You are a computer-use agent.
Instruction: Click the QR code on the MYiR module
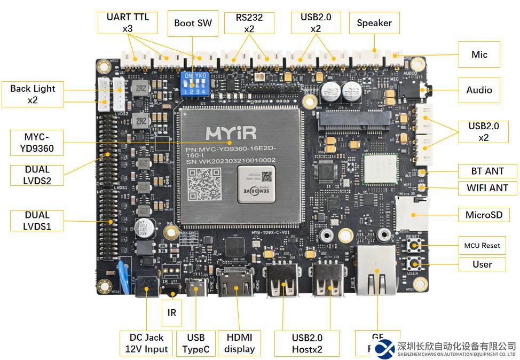coord(205,184)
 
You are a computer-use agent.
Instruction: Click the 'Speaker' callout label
coord(374,23)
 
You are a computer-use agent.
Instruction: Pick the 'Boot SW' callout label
coord(193,23)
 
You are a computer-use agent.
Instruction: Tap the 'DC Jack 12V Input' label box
coord(146,343)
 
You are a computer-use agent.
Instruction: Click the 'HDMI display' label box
coord(239,343)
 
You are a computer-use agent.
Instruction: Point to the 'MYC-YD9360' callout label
coord(36,142)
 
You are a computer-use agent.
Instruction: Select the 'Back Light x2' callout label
coord(33,94)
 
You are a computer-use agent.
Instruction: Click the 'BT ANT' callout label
coord(487,171)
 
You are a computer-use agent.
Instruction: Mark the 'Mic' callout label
coord(479,54)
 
